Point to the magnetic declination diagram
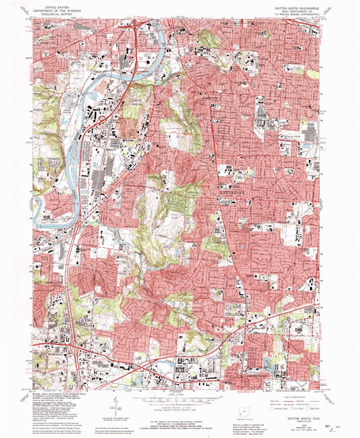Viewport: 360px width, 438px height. tap(112, 405)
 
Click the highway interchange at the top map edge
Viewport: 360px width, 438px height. tap(138, 27)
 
